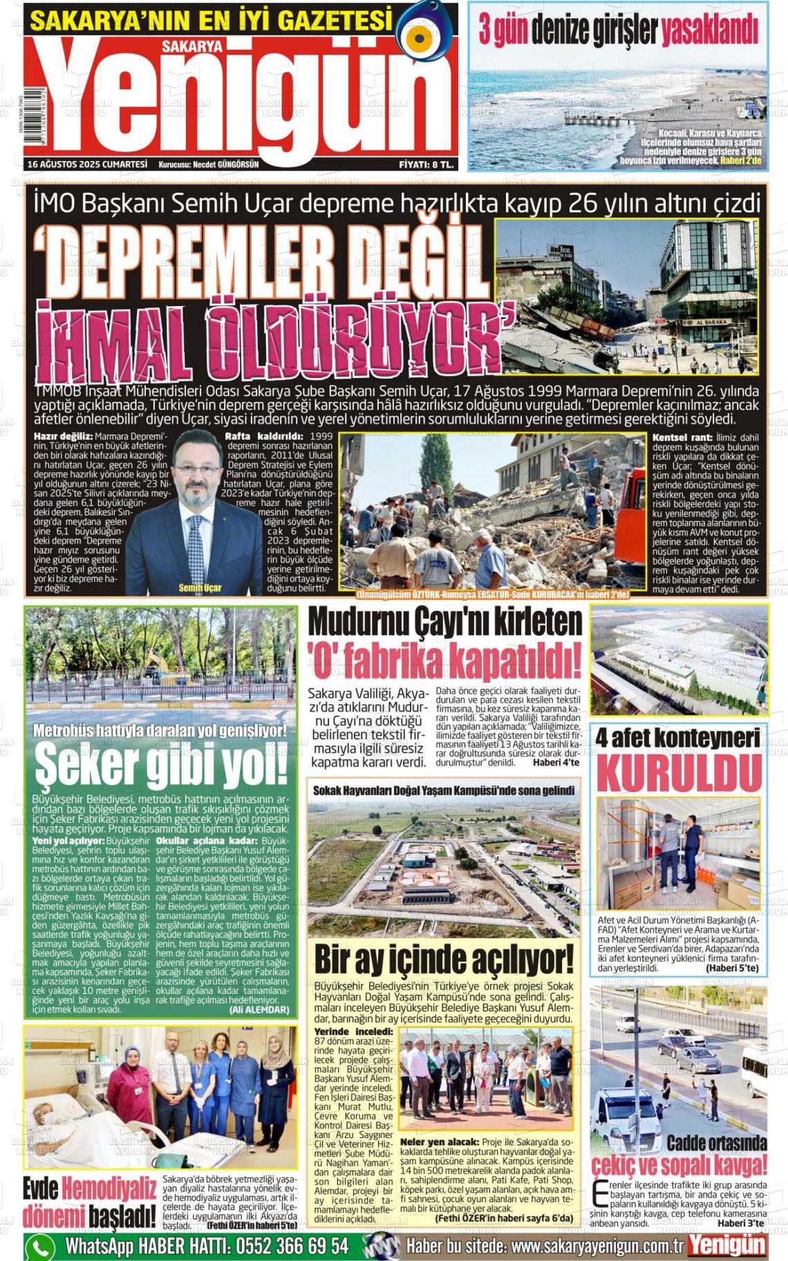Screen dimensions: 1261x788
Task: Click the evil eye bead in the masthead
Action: (424, 37)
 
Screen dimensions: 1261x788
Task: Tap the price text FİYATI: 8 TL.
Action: (426, 164)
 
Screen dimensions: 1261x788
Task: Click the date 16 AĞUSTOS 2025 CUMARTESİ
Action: (88, 164)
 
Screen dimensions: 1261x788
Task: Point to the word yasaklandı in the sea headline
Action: (710, 31)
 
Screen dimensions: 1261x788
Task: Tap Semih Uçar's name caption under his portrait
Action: (200, 587)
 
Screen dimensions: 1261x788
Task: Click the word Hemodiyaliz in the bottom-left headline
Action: (109, 1189)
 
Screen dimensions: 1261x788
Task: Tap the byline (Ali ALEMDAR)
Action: (259, 1009)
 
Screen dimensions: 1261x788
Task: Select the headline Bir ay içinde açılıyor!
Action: (444, 960)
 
